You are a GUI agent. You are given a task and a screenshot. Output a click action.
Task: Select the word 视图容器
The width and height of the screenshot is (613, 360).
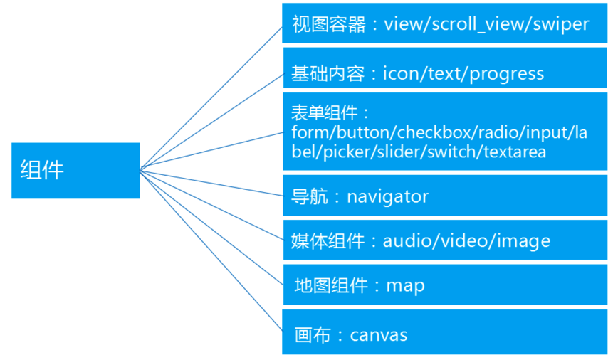tap(328, 24)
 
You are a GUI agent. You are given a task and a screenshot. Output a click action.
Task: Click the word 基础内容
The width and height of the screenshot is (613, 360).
tap(328, 73)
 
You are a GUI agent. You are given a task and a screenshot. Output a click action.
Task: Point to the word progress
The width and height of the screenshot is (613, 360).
tap(509, 73)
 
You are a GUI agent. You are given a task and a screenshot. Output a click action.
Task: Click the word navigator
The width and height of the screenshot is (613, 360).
tap(388, 196)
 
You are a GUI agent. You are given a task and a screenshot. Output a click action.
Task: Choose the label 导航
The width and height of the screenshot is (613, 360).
tap(310, 196)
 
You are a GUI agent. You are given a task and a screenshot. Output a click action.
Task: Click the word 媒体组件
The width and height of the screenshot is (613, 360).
tap(328, 240)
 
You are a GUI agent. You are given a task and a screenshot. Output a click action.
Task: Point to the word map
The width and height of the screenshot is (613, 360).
tap(405, 285)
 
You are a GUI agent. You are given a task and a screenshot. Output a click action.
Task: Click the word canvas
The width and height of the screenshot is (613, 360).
tap(379, 334)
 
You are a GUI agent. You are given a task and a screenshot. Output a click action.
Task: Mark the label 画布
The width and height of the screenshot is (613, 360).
tap(312, 334)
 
